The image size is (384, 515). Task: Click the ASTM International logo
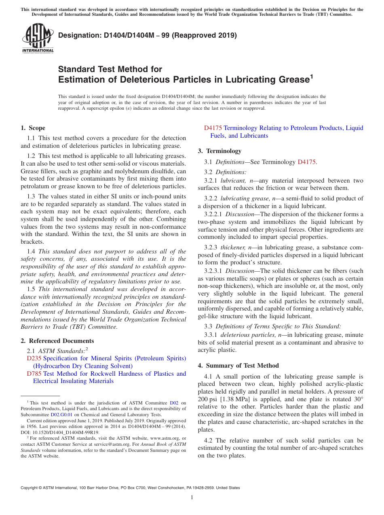tap(37, 39)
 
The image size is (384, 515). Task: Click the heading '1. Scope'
tap(33, 128)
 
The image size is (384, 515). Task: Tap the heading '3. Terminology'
tap(219, 151)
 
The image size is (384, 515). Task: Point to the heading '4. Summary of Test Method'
tap(238, 366)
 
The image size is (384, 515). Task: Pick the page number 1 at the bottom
tap(192, 497)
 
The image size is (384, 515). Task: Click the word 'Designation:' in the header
tap(77, 36)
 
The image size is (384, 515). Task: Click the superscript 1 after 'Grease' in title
tap(311, 77)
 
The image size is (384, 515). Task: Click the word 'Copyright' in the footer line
tap(30, 488)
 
